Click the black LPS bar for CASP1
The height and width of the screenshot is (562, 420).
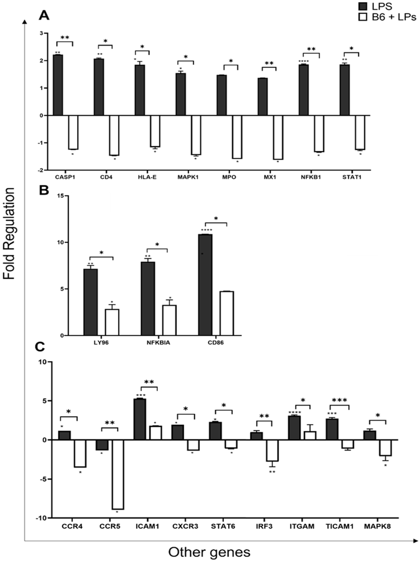point(58,85)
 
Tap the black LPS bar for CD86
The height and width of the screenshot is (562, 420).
point(205,285)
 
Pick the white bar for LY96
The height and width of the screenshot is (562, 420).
point(112,322)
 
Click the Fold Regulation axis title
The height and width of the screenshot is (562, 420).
point(10,234)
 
